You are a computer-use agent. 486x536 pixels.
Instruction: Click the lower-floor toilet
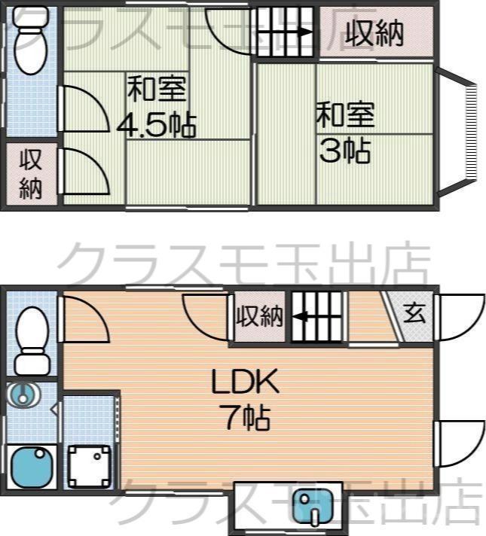point(32,339)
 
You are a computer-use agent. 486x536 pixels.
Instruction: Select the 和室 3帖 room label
point(344,133)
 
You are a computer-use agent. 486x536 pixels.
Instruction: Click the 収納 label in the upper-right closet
point(374,32)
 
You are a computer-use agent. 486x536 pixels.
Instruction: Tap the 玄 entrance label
point(414,312)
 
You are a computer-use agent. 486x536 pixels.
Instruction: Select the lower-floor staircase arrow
point(316,317)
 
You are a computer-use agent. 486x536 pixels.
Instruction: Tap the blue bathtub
point(31,467)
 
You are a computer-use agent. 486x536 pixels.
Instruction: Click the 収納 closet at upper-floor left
point(29,174)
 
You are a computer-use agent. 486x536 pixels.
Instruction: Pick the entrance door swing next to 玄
point(459,315)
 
